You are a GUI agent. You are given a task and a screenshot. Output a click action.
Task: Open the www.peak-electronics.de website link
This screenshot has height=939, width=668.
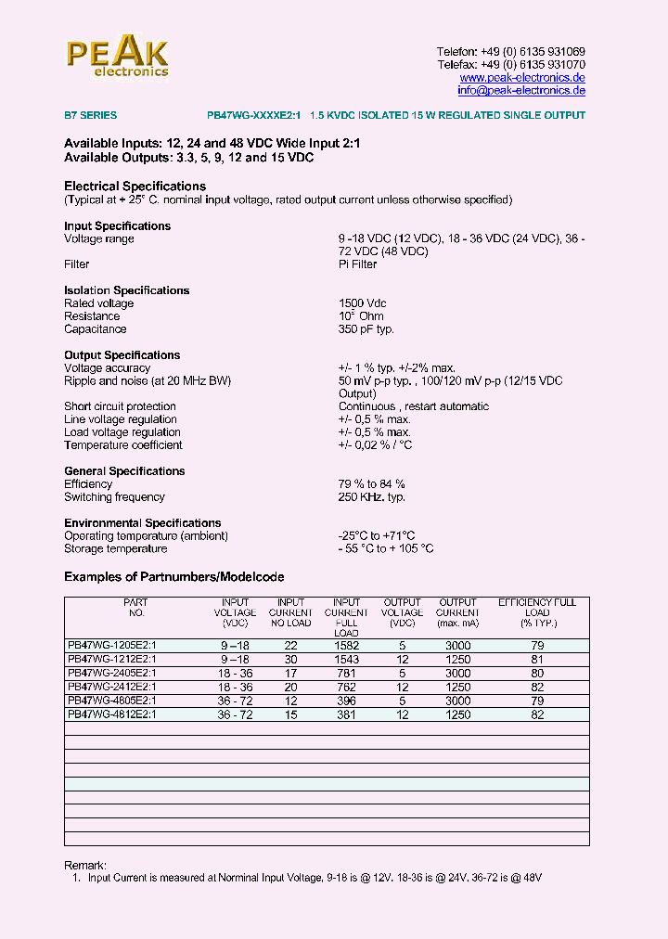click(522, 78)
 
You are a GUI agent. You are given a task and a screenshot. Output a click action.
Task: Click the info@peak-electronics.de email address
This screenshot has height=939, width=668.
click(521, 91)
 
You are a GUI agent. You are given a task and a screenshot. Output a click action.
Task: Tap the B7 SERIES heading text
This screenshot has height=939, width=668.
click(90, 116)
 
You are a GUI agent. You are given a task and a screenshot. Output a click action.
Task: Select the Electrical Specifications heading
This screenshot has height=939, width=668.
click(135, 187)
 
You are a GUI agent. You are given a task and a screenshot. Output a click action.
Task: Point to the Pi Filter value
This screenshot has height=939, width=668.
click(357, 264)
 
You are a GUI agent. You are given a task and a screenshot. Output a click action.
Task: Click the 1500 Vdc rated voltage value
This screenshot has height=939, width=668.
click(363, 303)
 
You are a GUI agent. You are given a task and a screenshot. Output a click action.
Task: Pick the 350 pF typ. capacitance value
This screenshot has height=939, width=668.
click(366, 329)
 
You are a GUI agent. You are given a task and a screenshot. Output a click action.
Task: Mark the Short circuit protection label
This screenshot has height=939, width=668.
click(120, 406)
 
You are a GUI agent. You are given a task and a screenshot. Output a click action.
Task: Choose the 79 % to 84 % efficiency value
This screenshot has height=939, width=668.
click(371, 484)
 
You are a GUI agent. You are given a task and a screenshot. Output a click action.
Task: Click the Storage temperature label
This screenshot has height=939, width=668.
click(115, 548)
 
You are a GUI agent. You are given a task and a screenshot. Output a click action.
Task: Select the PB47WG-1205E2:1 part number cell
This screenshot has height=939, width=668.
click(112, 646)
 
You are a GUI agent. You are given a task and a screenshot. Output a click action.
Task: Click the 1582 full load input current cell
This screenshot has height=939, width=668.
click(347, 646)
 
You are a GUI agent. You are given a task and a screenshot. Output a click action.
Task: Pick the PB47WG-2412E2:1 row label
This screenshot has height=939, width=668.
click(112, 687)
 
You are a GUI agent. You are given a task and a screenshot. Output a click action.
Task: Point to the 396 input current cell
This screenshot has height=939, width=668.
click(347, 701)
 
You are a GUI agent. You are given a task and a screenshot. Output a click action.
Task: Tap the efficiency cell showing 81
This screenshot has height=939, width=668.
click(537, 660)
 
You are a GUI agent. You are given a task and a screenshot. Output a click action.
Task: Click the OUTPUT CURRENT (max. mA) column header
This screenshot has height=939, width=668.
click(457, 612)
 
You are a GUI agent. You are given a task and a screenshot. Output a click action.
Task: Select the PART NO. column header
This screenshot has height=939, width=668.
click(135, 608)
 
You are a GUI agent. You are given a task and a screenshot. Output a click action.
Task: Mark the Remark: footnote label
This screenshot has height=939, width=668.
click(85, 865)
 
